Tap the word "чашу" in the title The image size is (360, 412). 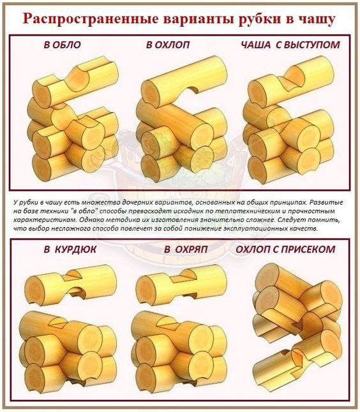click(317, 19)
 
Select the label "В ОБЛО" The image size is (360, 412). click(62, 45)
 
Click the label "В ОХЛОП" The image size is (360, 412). click(168, 45)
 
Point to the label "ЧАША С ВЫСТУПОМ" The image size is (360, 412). click(290, 45)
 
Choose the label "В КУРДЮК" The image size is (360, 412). click(70, 249)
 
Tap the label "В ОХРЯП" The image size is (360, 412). click(186, 249)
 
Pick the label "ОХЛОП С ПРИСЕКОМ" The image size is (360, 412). click(285, 249)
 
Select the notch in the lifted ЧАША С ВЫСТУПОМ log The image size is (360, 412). click(294, 77)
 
